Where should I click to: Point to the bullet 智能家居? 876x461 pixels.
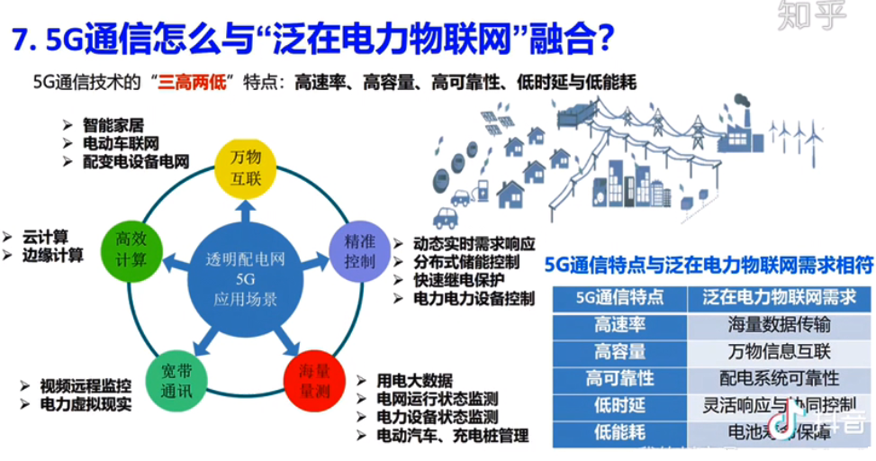(113, 126)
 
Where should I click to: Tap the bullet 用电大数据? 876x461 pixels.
(414, 379)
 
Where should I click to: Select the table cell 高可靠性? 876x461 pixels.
(619, 379)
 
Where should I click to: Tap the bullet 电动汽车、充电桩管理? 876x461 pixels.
(452, 436)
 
